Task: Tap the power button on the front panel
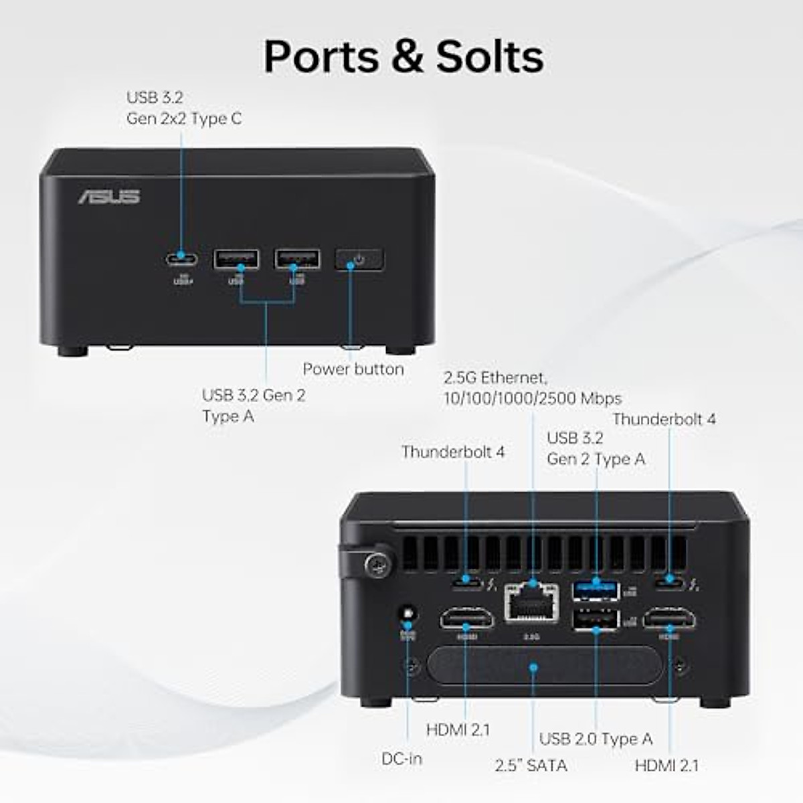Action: [359, 260]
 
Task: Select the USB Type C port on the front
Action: [181, 259]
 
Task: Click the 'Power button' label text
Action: [353, 369]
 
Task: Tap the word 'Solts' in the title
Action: [490, 56]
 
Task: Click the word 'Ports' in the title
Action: [322, 56]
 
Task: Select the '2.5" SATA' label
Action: [531, 766]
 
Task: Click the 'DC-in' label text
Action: [401, 759]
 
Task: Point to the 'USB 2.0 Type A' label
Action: [596, 739]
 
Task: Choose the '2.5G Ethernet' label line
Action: [495, 377]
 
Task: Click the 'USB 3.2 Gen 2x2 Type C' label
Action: [184, 108]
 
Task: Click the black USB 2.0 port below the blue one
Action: [596, 620]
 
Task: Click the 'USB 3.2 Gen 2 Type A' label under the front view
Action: [254, 406]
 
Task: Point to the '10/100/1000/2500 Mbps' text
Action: [533, 399]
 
